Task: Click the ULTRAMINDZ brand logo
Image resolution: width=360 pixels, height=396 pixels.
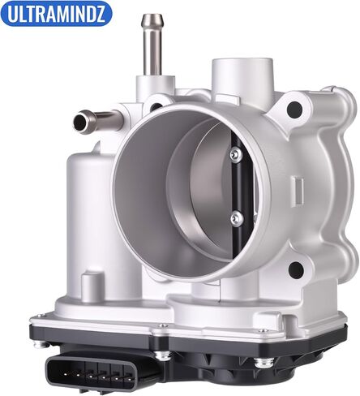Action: coord(56,14)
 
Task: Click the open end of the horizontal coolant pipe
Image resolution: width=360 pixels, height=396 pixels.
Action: coord(79,122)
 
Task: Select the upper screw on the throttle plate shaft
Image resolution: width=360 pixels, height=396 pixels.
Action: coord(235,155)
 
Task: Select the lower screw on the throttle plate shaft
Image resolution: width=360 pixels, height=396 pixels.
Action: coord(237,218)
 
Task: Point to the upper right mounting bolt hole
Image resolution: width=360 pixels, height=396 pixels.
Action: coord(294,110)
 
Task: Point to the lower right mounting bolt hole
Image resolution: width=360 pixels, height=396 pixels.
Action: coord(296,270)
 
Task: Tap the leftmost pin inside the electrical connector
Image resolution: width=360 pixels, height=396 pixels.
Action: coord(66,374)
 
